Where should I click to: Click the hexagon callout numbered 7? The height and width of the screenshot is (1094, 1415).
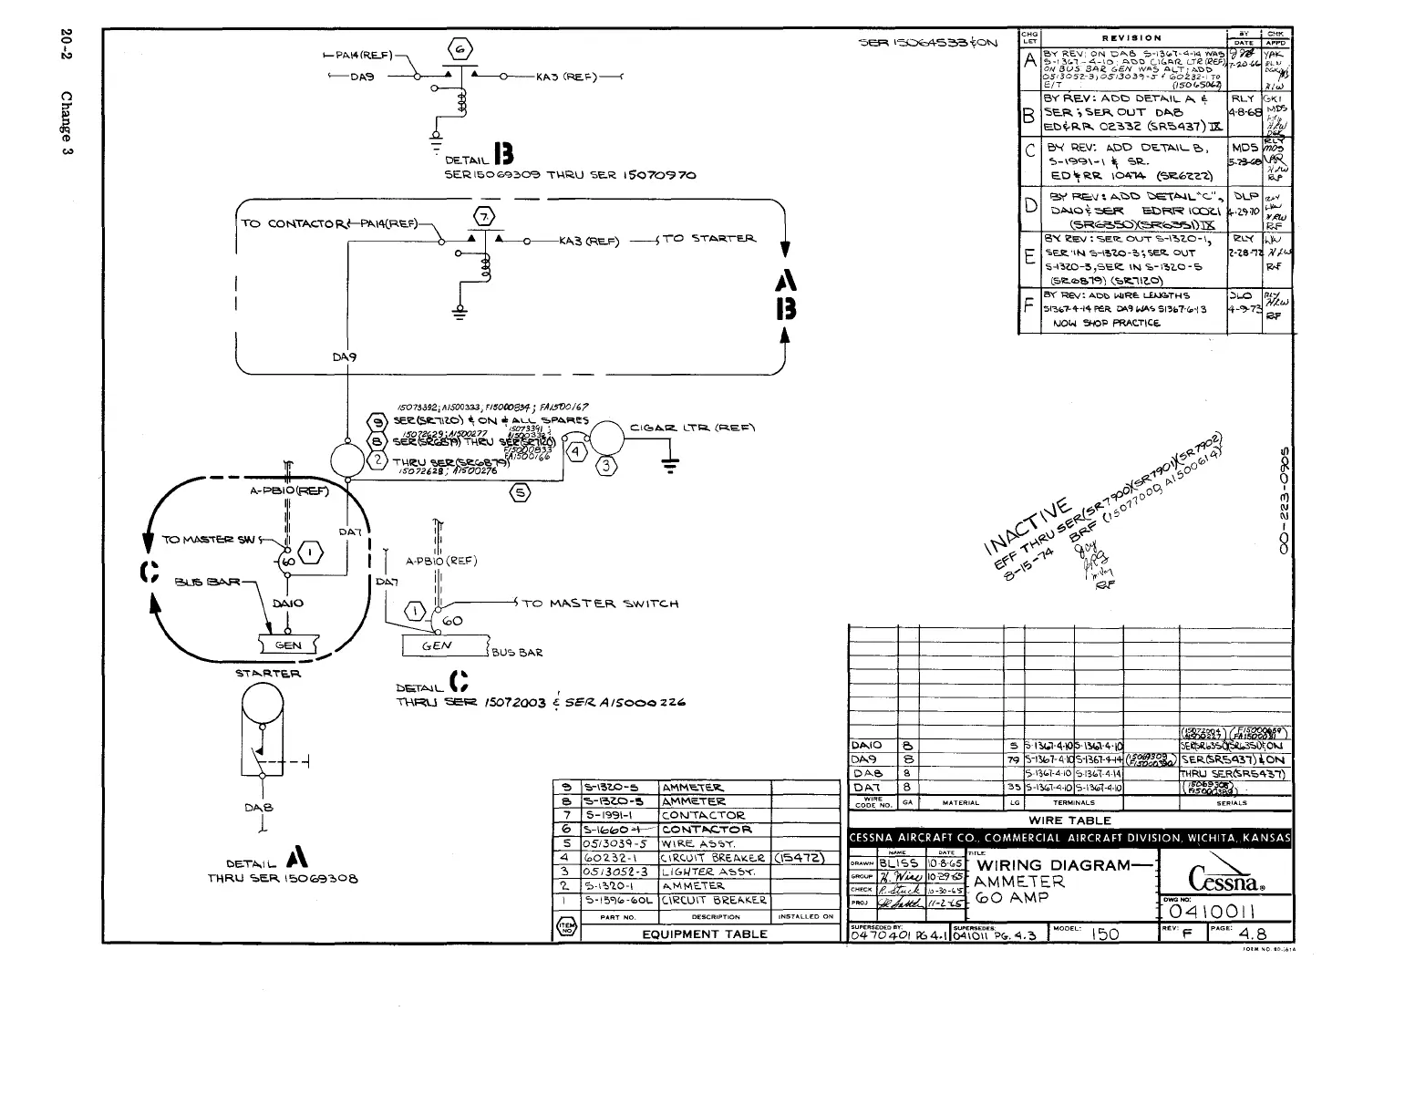(x=484, y=216)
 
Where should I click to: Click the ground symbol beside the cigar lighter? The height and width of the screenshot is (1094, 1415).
(x=670, y=465)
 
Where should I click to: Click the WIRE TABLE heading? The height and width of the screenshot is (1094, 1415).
(x=1069, y=820)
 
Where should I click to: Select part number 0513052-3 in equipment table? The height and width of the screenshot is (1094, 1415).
(x=616, y=872)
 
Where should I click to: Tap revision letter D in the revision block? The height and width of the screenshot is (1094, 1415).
(x=1029, y=207)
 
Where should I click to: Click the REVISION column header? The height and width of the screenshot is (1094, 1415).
(x=1131, y=38)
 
